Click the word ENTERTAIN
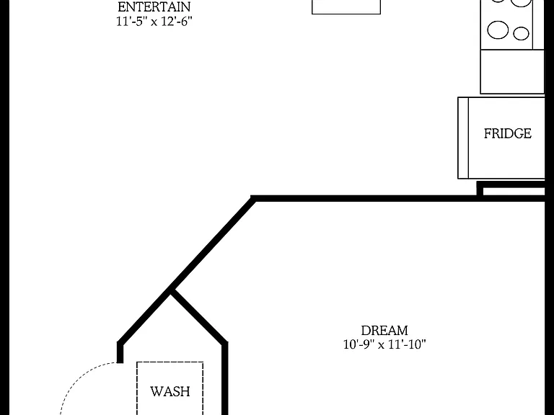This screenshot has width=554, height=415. [x=154, y=7]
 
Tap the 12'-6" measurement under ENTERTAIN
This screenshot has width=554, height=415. [x=177, y=22]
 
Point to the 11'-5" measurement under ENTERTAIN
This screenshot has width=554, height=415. [x=131, y=22]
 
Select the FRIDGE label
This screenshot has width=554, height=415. [x=507, y=133]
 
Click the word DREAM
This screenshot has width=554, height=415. [x=384, y=331]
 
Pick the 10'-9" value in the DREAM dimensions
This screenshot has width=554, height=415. [x=359, y=344]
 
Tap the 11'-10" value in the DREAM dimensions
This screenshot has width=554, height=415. [x=407, y=344]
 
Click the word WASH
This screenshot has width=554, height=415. [x=170, y=391]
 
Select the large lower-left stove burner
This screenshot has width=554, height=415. [x=498, y=30]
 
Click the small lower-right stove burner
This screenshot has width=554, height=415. [x=521, y=34]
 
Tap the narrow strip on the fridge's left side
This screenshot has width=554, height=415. [x=463, y=138]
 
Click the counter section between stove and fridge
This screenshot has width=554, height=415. [x=512, y=71]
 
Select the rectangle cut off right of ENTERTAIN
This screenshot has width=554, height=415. [x=346, y=7]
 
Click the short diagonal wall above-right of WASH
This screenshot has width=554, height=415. [x=199, y=316]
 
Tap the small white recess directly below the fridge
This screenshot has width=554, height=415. [x=514, y=191]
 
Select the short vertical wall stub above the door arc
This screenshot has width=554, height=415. [x=120, y=352]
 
